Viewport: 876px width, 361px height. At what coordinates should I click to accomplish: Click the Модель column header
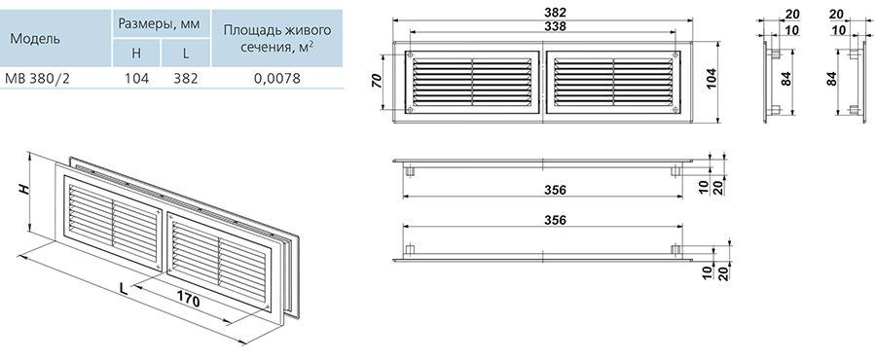(35, 39)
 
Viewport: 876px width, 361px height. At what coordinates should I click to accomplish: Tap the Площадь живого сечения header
(277, 37)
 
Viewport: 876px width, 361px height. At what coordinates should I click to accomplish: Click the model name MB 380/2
(37, 78)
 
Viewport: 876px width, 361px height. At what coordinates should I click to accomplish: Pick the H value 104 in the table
(136, 78)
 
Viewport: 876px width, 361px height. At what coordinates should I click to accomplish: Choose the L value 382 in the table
(186, 78)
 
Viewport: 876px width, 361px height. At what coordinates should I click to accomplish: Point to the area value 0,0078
(277, 78)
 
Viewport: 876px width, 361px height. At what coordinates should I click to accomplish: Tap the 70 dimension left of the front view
(377, 81)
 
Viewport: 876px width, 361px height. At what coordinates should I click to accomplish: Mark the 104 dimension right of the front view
(712, 81)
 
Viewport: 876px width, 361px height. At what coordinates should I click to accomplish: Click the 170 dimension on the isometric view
(189, 299)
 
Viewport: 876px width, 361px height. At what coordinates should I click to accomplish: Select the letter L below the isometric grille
(124, 288)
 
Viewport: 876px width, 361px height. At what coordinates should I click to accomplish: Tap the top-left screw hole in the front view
(411, 54)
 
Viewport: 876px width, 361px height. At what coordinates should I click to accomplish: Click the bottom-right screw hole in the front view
(676, 110)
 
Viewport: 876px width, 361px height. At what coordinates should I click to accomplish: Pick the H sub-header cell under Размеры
(136, 54)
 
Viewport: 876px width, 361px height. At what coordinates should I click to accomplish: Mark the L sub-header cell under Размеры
(186, 54)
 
